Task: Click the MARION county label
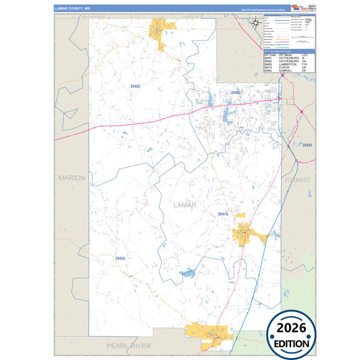[x=72, y=178]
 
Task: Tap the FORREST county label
[x=297, y=180]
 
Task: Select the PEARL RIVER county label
[x=132, y=344]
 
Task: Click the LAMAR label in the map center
[x=184, y=204]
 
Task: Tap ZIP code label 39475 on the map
[x=224, y=214]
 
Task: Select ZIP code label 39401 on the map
[x=307, y=145]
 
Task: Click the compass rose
[x=257, y=24]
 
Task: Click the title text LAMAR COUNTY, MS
[x=73, y=8]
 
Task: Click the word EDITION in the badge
[x=292, y=342]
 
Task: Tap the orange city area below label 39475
[x=247, y=235]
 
